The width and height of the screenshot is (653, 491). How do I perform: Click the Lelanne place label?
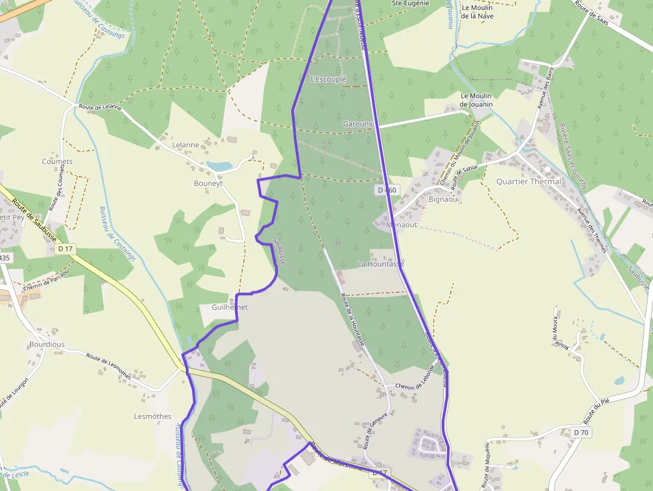tap(185, 145)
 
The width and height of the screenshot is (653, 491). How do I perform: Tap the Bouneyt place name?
tap(208, 183)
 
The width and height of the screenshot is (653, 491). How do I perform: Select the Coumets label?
tap(57, 161)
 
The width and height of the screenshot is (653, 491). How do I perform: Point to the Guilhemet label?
tap(229, 307)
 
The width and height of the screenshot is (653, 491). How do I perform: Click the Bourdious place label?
tap(47, 344)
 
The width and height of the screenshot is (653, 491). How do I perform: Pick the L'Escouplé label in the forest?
tap(328, 79)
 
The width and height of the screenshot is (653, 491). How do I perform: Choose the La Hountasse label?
tap(381, 264)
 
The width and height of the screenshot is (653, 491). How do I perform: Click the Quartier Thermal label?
tap(529, 181)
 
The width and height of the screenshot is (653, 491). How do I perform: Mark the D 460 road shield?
tap(386, 190)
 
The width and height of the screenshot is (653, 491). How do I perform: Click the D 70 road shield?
tap(581, 432)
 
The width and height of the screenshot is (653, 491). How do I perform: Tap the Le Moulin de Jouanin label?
tap(476, 100)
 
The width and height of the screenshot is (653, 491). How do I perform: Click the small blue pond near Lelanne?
tap(219, 165)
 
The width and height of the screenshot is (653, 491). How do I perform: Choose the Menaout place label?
tap(401, 225)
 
